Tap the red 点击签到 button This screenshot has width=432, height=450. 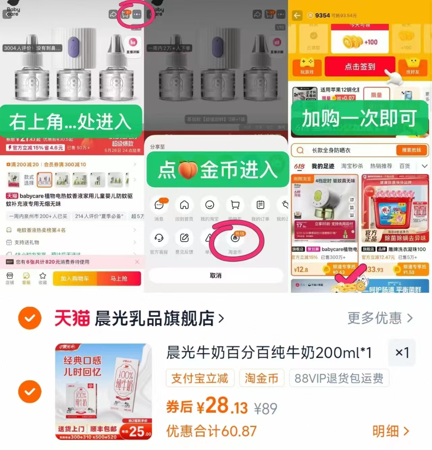[360, 66]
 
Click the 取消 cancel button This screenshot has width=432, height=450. [216, 276]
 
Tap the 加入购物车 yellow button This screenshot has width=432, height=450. [75, 279]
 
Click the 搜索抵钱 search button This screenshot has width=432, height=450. [411, 150]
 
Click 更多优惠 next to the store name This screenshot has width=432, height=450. [380, 318]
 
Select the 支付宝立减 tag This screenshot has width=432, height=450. [200, 378]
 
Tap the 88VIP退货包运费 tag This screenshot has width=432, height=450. [339, 378]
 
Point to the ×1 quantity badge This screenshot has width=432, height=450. [402, 353]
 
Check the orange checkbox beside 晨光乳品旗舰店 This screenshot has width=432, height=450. [30, 318]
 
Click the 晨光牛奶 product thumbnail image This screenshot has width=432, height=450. [104, 392]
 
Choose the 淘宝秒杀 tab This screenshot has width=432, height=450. [352, 166]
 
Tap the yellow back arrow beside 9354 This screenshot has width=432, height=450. [297, 16]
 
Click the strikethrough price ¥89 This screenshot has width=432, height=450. [266, 409]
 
